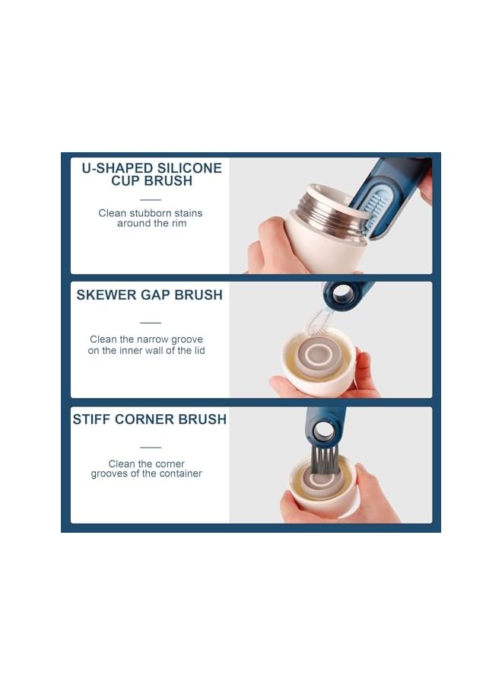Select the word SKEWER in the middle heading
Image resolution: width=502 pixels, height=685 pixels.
[x=106, y=295]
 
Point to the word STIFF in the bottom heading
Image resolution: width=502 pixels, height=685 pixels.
[x=93, y=419]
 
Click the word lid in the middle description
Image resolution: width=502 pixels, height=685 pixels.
[x=198, y=350]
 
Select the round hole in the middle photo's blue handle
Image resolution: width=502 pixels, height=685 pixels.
[x=343, y=295]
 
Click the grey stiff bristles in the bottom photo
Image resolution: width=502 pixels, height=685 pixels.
[x=325, y=460]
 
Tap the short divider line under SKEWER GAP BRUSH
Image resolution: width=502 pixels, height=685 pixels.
[x=151, y=322]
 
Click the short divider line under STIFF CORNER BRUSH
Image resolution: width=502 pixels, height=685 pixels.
[x=151, y=447]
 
